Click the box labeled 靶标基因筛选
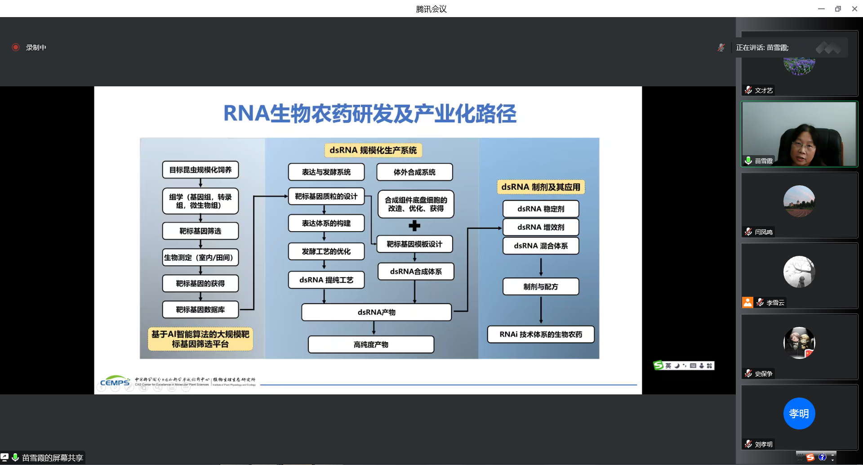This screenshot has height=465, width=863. (x=200, y=231)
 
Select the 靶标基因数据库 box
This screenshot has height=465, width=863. (x=200, y=309)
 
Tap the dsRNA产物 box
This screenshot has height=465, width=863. (x=376, y=312)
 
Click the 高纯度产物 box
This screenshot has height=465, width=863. (x=371, y=344)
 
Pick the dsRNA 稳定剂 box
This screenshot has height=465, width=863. (x=541, y=209)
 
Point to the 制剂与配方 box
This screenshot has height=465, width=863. (x=541, y=286)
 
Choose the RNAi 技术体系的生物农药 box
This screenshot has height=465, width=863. (x=541, y=334)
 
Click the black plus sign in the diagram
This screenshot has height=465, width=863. (x=414, y=226)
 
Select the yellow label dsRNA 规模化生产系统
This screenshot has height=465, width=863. (x=373, y=150)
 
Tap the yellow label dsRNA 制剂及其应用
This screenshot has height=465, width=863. (x=541, y=187)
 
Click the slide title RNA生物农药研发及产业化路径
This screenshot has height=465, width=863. (x=369, y=113)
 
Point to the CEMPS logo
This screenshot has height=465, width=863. (x=115, y=382)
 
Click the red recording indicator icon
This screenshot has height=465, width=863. (x=16, y=47)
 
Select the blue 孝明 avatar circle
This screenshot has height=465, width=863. (x=799, y=413)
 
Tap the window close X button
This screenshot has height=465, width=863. (x=854, y=9)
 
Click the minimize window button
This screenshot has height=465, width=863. (x=821, y=9)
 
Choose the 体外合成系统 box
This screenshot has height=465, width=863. (x=414, y=172)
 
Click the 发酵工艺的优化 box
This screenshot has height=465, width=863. (x=326, y=251)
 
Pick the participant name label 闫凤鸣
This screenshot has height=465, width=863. (x=764, y=232)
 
